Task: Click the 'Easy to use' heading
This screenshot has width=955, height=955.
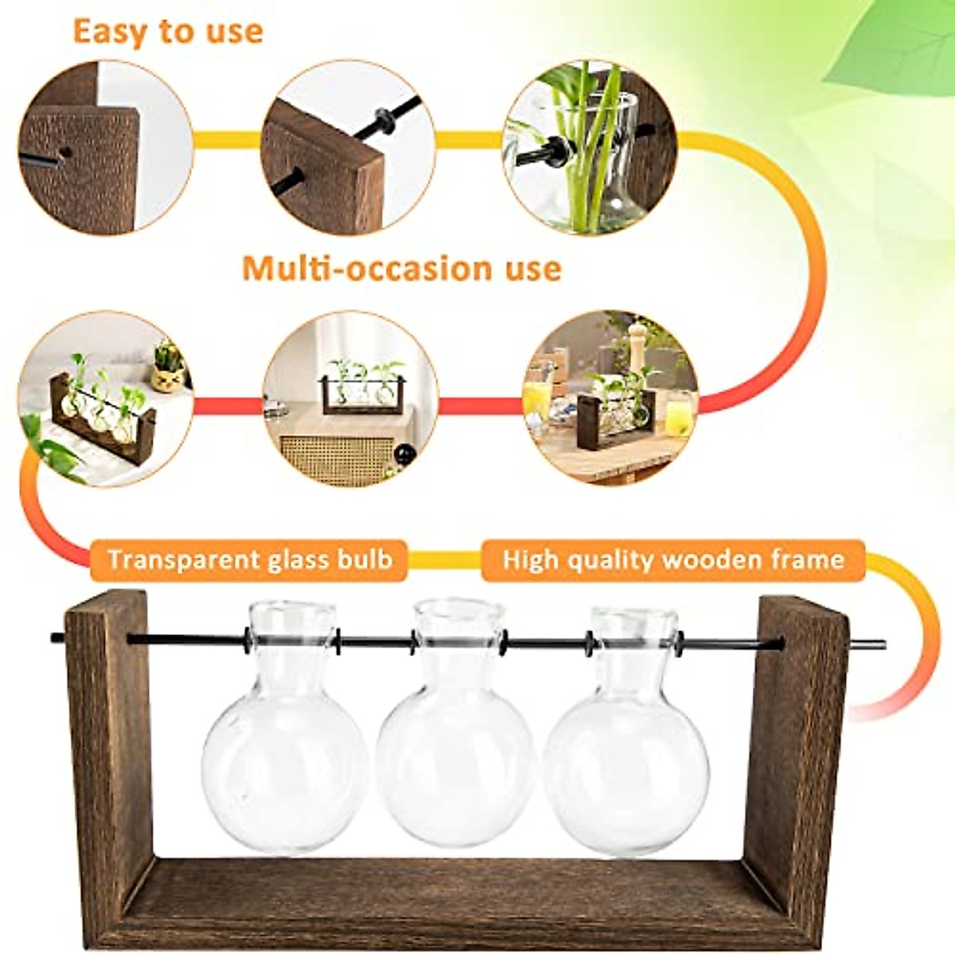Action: pos(167,32)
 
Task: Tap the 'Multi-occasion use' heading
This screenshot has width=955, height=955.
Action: pos(402,268)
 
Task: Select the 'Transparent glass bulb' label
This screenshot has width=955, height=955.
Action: pos(250,559)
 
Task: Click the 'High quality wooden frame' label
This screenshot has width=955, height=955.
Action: pos(673,559)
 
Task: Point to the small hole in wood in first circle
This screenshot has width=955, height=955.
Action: pos(65,151)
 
